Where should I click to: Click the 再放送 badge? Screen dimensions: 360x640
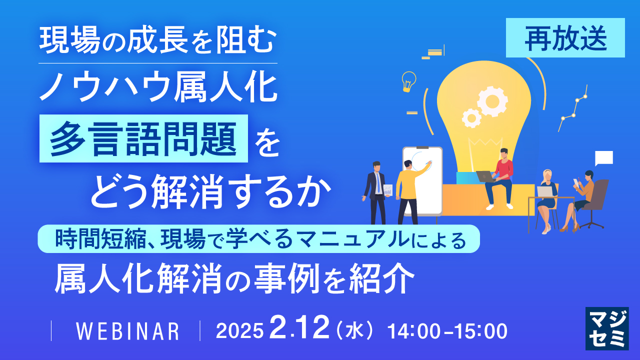(x=565, y=38)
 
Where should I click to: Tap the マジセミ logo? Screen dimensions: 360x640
(x=607, y=328)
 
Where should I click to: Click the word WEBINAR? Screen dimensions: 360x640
(x=127, y=331)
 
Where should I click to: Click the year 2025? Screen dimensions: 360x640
(x=239, y=331)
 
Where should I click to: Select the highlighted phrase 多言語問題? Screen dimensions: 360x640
(x=143, y=138)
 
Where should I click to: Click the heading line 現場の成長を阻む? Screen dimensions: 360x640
(x=157, y=42)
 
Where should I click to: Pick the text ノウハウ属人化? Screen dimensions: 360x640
(x=158, y=89)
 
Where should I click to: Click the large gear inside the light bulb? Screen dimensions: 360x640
(x=492, y=100)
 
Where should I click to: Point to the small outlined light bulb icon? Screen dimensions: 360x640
(x=409, y=81)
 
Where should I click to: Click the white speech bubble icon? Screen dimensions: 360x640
(x=603, y=158)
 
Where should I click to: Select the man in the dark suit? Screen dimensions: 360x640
(x=375, y=190)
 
